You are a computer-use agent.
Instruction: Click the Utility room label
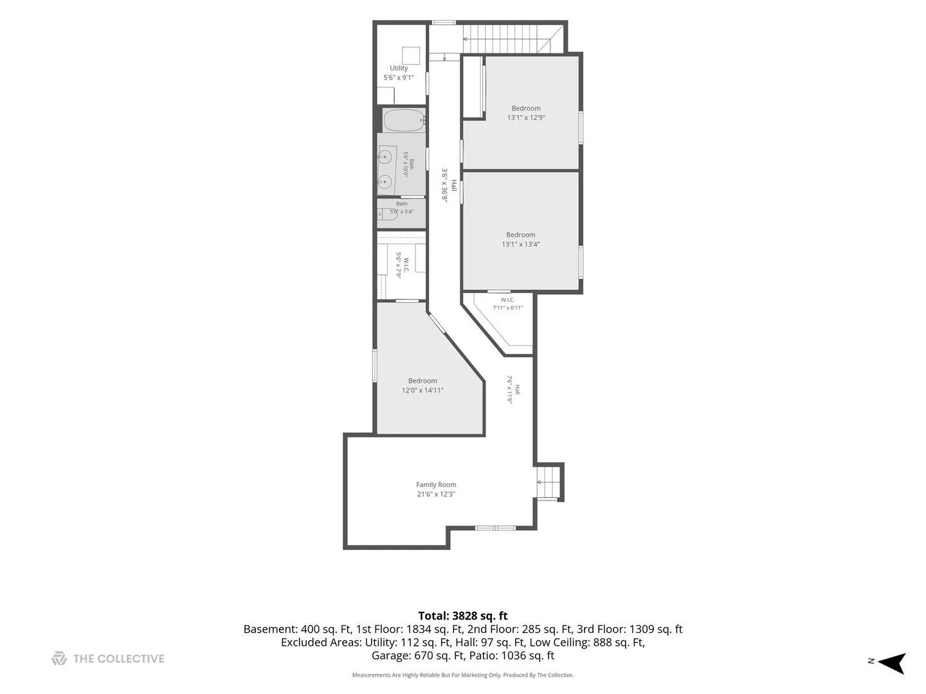pyautogui.click(x=398, y=68)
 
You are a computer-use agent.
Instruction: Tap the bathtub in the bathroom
pyautogui.click(x=403, y=121)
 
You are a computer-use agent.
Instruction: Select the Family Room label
pyautogui.click(x=436, y=485)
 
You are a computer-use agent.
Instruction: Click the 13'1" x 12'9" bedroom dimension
pyautogui.click(x=525, y=118)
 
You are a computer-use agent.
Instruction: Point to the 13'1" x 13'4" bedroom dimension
pyautogui.click(x=520, y=244)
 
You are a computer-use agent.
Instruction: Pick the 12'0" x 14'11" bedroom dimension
pyautogui.click(x=422, y=390)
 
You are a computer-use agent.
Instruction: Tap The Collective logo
pyautogui.click(x=108, y=659)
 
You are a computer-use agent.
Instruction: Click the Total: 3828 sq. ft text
pyautogui.click(x=463, y=616)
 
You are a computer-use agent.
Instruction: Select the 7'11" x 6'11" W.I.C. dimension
pyautogui.click(x=507, y=308)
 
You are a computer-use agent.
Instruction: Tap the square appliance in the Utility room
pyautogui.click(x=410, y=56)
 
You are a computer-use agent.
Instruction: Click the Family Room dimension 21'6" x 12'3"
pyautogui.click(x=436, y=494)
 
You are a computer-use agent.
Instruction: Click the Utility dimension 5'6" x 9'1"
pyautogui.click(x=398, y=78)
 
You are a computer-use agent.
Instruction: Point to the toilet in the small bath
pyautogui.click(x=388, y=214)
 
